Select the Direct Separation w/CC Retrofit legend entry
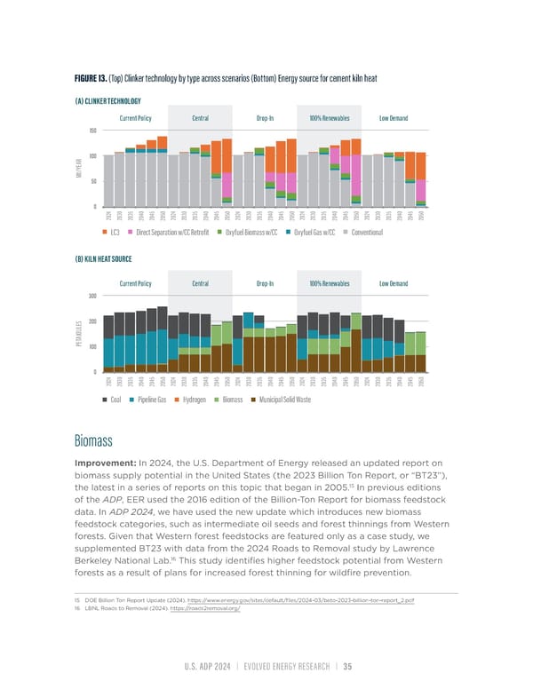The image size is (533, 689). tap(170, 232)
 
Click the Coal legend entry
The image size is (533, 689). tap(115, 424)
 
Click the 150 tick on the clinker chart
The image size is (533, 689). tap(91, 131)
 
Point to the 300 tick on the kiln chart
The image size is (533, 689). tap(91, 296)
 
